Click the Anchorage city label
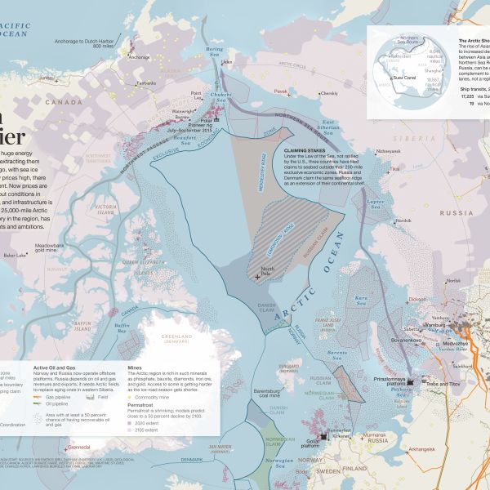coord(139,57)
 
